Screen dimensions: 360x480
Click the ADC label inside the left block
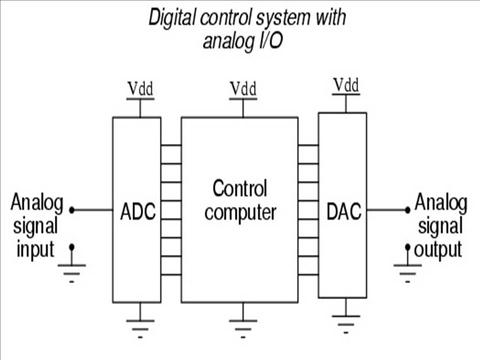[138, 212]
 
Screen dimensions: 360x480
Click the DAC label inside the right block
[343, 212]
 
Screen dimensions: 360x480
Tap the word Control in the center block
[240, 189]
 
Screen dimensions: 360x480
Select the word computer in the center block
[240, 212]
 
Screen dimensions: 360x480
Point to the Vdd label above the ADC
[140, 89]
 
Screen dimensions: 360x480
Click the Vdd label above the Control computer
[243, 89]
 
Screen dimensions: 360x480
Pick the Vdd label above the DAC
[346, 85]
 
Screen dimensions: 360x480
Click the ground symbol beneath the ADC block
[140, 327]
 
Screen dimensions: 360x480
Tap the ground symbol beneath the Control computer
[243, 327]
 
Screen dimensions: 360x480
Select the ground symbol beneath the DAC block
[346, 322]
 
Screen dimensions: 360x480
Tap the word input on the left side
[35, 249]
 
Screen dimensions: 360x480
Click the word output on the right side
[438, 249]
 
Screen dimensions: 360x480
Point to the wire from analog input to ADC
[92, 210]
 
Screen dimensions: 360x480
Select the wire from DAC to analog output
[387, 210]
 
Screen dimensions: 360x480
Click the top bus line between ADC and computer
[171, 145]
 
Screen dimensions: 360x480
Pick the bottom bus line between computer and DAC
[308, 274]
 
